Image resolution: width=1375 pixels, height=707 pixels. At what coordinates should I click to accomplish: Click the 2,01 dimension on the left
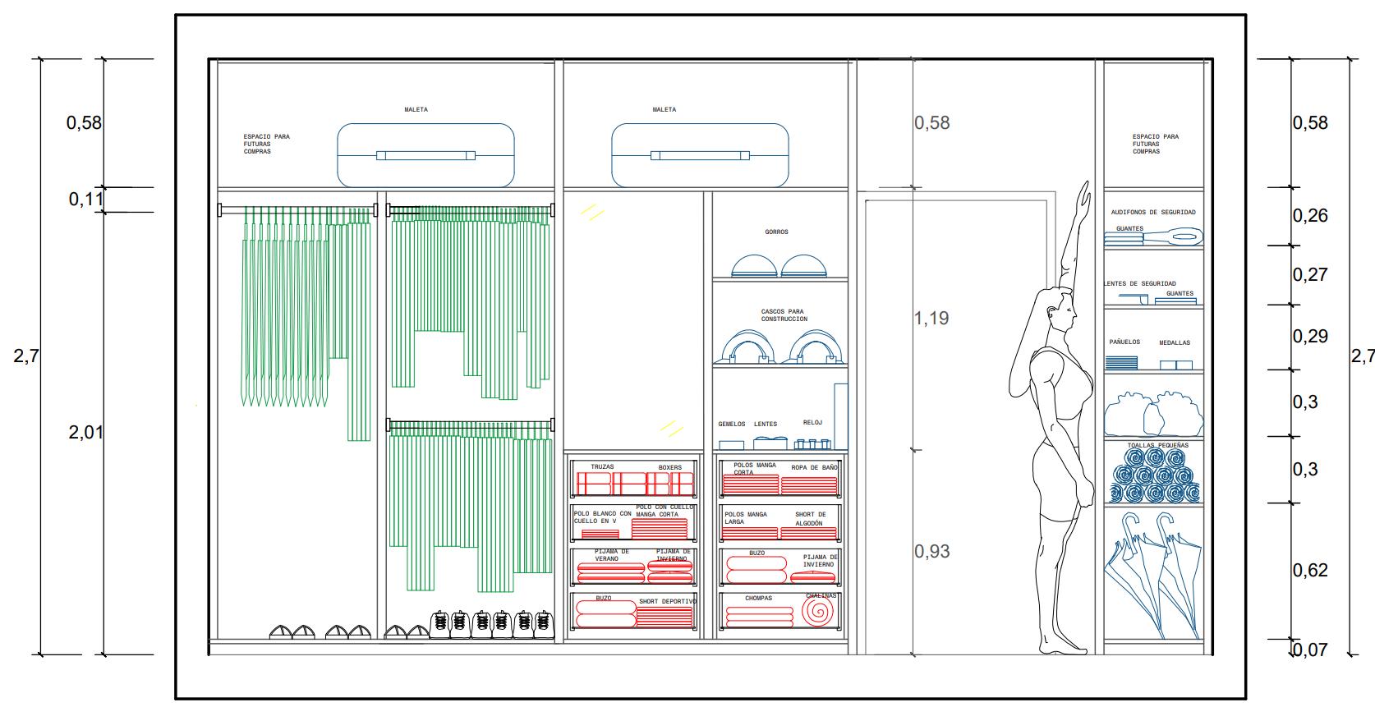pos(85,433)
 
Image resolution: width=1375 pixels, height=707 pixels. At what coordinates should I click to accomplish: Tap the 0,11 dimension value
pos(85,200)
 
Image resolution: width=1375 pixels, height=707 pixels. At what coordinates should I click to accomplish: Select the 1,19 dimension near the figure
pos(931,319)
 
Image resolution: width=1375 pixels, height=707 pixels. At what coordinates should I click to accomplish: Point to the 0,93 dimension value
pos(931,552)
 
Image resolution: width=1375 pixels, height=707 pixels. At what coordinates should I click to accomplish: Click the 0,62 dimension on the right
pos(1310,571)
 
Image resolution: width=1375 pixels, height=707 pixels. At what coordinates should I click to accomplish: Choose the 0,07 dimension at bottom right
pos(1310,650)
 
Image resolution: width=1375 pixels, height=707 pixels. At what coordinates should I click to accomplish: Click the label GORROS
pos(776,232)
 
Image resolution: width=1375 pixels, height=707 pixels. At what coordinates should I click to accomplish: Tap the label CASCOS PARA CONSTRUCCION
pos(784,315)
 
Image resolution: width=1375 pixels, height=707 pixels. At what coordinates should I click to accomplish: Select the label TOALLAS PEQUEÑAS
pos(1157,445)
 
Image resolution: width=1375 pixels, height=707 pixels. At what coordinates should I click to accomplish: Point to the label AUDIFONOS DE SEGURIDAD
pos(1153,213)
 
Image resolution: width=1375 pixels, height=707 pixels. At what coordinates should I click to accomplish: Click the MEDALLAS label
pos(1174,343)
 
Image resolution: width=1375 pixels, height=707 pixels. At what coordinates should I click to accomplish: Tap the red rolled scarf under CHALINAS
pos(817,612)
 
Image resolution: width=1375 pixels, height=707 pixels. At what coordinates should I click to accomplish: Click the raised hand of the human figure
pos(1085,195)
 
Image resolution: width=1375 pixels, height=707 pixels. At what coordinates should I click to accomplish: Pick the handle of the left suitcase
pos(425,154)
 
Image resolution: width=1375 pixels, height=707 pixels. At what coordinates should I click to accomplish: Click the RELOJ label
pos(812,423)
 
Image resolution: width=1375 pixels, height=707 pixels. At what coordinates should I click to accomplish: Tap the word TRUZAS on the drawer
pos(602,467)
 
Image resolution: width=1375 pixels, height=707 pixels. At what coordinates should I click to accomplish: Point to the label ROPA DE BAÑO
pos(814,468)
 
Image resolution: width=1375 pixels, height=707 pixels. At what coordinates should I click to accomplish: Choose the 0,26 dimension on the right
pos(1310,216)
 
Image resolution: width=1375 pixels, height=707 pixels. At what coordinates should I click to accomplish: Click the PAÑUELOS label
pos(1124,342)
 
